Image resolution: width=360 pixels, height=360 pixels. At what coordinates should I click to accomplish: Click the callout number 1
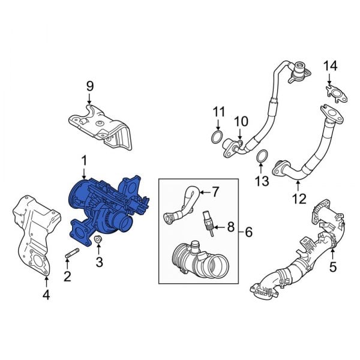(84, 160)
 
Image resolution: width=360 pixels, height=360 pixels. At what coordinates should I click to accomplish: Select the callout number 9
(90, 86)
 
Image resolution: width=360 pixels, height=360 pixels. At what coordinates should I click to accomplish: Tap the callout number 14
(331, 65)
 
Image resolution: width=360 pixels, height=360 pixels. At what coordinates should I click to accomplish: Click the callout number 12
(298, 199)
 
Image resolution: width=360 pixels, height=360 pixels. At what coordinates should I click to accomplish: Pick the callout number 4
(46, 295)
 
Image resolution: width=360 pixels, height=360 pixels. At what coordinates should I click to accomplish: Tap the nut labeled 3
(98, 242)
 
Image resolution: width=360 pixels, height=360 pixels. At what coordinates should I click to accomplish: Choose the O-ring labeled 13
(262, 157)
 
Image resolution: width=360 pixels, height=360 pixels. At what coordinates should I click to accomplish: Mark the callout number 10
(240, 122)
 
